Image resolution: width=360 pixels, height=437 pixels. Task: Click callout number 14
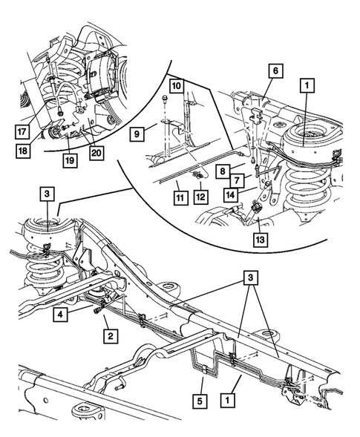tap(233, 195)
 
